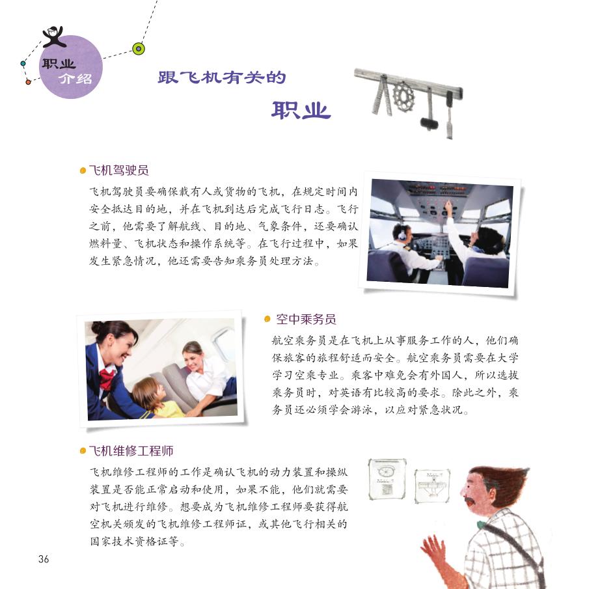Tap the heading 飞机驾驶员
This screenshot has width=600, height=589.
[118, 171]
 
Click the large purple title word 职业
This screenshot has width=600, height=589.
[301, 111]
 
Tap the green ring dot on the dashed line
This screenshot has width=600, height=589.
[138, 48]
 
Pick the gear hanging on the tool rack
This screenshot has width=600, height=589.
[403, 97]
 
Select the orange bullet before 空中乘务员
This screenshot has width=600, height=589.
[267, 319]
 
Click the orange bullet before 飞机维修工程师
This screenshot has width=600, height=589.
[83, 451]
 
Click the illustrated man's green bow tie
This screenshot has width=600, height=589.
[481, 525]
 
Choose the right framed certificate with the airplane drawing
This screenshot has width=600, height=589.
[432, 486]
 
